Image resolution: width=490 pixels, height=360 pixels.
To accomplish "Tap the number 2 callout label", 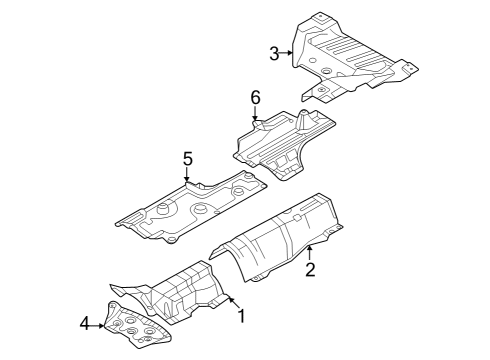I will pyautogui.click(x=310, y=270).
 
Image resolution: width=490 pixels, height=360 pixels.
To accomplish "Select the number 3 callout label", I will pyautogui.click(x=275, y=53).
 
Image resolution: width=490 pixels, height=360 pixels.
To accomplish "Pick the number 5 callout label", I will pyautogui.click(x=186, y=157).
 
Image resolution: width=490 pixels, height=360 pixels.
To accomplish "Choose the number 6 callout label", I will pyautogui.click(x=255, y=97).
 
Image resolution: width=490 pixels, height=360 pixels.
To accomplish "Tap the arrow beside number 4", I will pyautogui.click(x=99, y=323).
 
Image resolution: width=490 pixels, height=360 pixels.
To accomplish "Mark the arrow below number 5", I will pyautogui.click(x=186, y=175).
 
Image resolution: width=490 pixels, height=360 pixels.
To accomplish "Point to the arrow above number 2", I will pyautogui.click(x=310, y=251).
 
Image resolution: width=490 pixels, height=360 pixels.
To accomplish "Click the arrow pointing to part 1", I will pyautogui.click(x=229, y=302).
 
